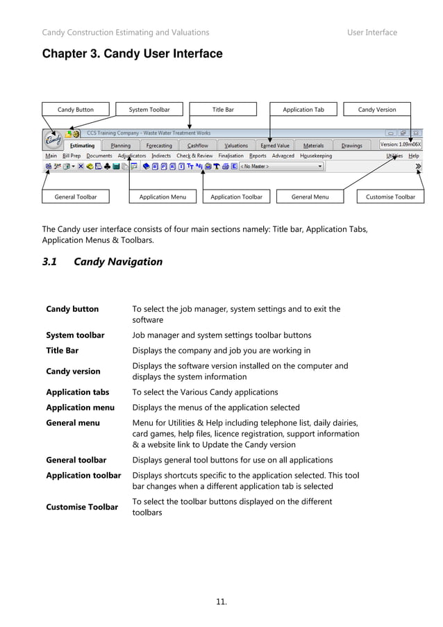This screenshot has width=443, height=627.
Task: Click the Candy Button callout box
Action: point(75,110)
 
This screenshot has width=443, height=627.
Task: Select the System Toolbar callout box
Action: point(149,110)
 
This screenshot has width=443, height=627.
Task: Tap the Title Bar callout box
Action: point(223,110)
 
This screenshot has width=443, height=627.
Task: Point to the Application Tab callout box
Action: point(303,110)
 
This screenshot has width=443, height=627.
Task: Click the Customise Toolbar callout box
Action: point(390,197)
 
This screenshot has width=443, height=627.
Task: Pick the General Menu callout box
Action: point(310,197)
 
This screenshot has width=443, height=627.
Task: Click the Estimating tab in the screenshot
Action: point(82,146)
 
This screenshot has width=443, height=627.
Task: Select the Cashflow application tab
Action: point(197,146)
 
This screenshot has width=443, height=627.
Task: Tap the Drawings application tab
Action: point(351,146)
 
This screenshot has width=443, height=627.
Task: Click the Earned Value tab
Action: point(275,146)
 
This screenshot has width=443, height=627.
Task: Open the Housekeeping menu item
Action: point(316,156)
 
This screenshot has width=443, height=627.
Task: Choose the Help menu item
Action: point(414,156)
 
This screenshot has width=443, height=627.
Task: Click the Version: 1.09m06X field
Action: point(401,144)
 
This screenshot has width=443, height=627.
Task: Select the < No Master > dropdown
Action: point(282,167)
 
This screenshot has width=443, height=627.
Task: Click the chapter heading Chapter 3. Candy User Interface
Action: point(133,54)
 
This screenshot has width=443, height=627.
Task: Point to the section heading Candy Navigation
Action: point(117,262)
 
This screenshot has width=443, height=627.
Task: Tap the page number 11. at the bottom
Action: point(221,601)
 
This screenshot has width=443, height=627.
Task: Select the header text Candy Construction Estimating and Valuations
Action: point(126,33)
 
